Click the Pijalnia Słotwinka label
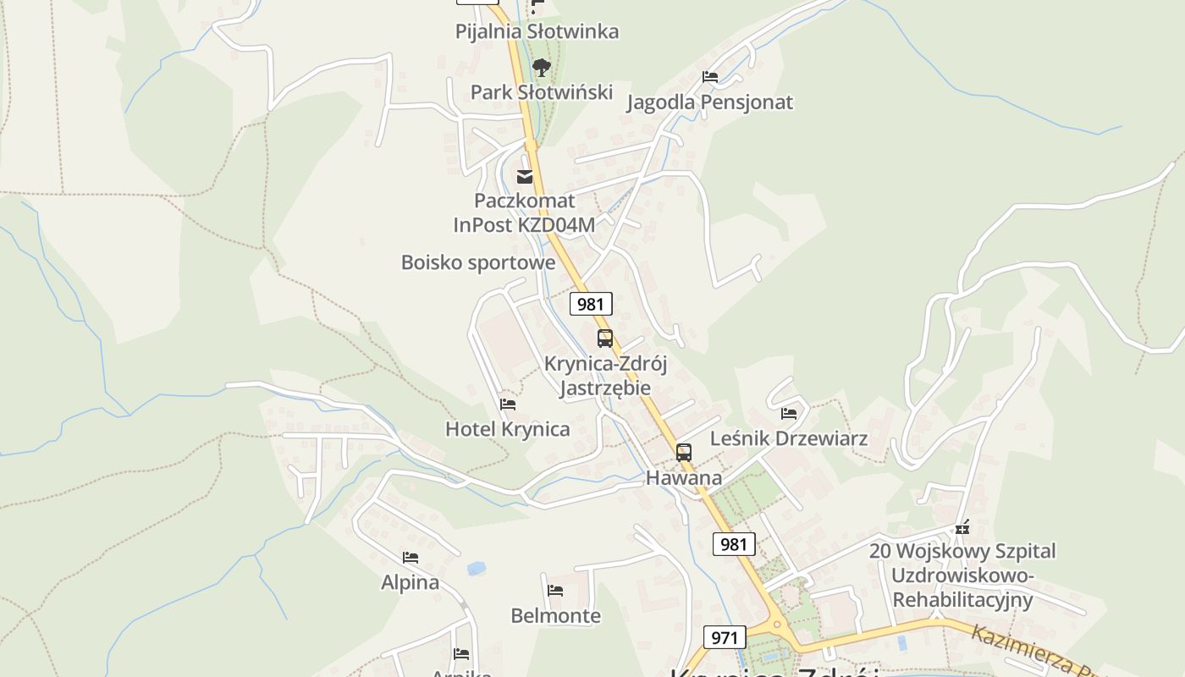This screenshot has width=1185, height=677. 537,31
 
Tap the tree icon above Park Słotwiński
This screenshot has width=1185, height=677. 541,67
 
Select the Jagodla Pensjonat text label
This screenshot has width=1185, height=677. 709,102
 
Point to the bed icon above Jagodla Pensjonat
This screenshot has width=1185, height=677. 710,77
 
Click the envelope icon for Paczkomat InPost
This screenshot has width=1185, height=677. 525,177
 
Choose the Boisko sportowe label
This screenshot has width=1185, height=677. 478,262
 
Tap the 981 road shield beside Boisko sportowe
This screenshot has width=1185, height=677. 591,304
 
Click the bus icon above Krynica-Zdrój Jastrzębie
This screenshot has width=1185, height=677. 605,338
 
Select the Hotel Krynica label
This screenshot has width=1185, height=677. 508,429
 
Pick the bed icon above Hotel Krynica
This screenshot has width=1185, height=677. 508,405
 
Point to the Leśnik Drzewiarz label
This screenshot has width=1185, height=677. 789,438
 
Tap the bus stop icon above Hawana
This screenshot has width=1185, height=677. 684,453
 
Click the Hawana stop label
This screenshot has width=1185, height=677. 684,478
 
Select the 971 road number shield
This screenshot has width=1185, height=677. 725,637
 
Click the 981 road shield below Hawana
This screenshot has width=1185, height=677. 733,544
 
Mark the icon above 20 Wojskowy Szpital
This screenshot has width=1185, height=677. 962,527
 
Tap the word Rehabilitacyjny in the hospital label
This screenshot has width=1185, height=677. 963,600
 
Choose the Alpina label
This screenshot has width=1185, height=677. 411,582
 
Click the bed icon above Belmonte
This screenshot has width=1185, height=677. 555,590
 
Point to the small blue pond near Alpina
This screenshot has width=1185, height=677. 477,569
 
